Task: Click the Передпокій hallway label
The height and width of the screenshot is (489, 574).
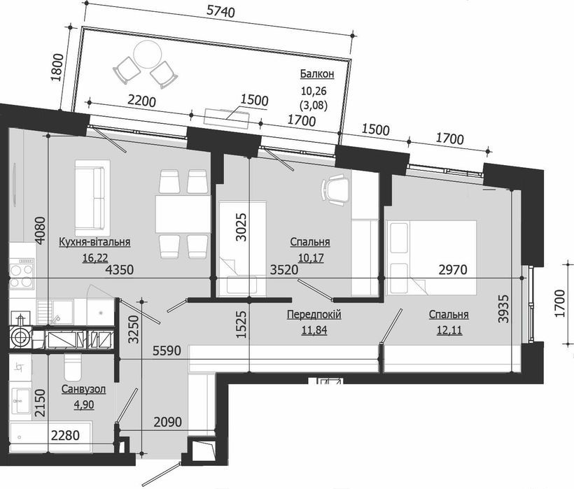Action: pos(314,314)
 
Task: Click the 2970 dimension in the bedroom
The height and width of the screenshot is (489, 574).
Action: pos(452,269)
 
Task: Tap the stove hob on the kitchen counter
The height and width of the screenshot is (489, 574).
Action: pos(22,273)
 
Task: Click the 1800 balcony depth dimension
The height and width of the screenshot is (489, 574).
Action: pos(58,69)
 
